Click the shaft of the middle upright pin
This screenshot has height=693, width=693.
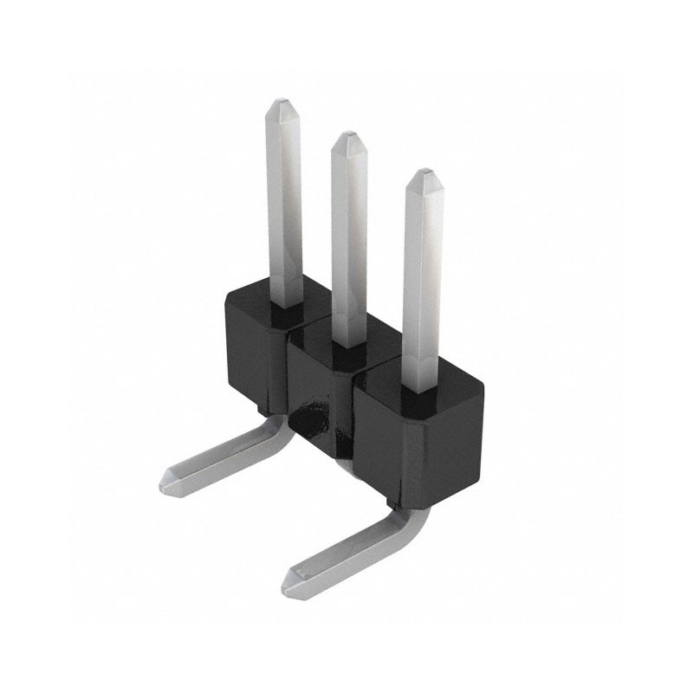pos(349,243)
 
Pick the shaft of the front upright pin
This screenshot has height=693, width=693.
pos(423,286)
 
